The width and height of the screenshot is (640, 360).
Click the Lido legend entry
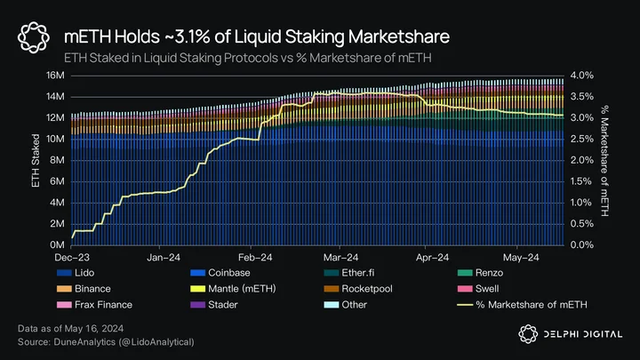tap(76, 273)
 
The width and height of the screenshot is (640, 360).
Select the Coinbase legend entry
tap(220, 273)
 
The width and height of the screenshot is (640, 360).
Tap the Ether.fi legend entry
tap(349, 273)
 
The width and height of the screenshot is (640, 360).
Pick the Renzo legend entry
tap(480, 273)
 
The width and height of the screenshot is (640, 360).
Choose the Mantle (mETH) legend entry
tap(233, 289)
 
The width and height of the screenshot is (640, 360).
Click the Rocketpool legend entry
tap(358, 289)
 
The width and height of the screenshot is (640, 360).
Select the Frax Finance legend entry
tap(95, 305)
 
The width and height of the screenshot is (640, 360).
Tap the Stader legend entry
tap(214, 305)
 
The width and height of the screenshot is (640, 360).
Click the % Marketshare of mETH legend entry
tap(522, 305)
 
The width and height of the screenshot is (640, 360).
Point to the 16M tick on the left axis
tap(55, 76)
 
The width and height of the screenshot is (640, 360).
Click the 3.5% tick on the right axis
tap(582, 97)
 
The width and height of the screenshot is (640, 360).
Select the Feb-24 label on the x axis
tap(255, 258)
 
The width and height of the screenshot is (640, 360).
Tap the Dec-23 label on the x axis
tap(72, 258)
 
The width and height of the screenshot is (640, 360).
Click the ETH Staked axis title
tap(36, 161)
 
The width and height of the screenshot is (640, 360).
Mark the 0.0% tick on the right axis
tap(582, 245)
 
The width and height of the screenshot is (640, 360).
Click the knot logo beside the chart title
tap(34, 37)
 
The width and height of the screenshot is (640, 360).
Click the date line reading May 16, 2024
tap(70, 329)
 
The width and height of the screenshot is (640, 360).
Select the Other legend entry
tap(345, 305)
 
